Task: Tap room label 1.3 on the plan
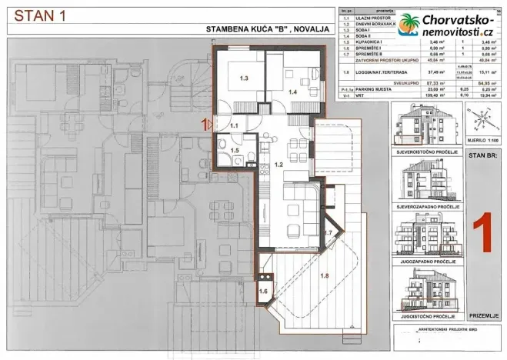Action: [244, 78]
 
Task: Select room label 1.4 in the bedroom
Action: [292, 92]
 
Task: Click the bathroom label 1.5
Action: [235, 151]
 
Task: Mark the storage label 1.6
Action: [263, 291]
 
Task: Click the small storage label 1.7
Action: [327, 232]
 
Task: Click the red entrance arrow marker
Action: [206, 123]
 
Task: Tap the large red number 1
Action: [481, 235]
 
